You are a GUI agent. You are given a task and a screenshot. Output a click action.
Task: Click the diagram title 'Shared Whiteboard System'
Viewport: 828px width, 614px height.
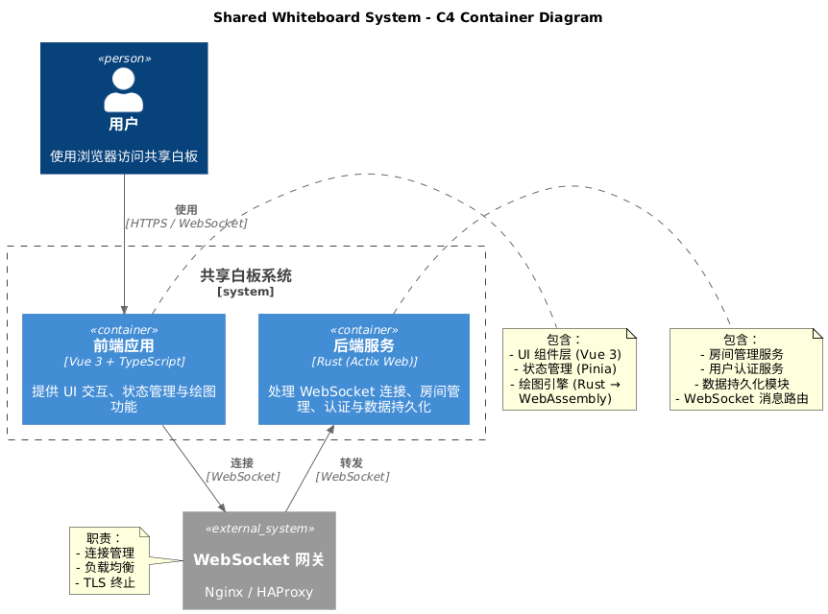(407, 17)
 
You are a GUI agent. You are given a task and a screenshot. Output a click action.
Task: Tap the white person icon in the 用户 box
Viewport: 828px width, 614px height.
(123, 90)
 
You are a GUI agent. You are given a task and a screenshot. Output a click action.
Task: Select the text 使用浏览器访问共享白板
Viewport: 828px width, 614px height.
(124, 155)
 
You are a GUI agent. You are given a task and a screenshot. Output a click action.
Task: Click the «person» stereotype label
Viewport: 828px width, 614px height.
(124, 59)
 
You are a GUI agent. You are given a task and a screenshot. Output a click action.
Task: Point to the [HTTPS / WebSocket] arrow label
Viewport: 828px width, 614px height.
(185, 223)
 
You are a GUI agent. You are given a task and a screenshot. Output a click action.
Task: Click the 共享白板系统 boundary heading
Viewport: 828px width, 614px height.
(246, 276)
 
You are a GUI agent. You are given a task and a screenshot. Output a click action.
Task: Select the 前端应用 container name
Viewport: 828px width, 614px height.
(124, 346)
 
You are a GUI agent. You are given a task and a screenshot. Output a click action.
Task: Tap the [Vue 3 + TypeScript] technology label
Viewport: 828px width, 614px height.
(124, 362)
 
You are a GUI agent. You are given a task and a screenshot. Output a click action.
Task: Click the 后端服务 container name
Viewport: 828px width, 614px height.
(363, 346)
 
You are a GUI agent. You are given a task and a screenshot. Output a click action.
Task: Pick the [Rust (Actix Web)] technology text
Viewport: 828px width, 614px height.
(363, 362)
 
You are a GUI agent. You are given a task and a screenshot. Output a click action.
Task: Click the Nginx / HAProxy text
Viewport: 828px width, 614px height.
(258, 592)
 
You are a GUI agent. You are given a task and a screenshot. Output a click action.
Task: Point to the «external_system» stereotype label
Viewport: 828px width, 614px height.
(258, 529)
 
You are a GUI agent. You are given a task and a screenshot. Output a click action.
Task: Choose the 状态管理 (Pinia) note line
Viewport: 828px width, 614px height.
(569, 369)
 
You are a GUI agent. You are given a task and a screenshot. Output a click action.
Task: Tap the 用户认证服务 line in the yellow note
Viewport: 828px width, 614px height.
(745, 369)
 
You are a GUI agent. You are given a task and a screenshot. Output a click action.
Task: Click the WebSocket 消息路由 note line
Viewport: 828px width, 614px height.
(745, 398)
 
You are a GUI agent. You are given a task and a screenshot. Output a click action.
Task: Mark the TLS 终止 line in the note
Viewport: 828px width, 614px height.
(105, 582)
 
